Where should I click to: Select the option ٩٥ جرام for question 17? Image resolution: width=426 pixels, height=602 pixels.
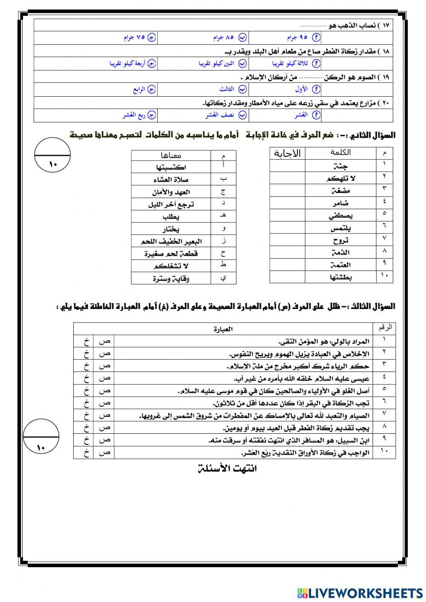[302, 38]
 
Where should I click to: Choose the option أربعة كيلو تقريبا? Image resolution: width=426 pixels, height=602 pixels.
[132, 64]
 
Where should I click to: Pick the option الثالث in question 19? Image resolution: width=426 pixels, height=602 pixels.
[233, 89]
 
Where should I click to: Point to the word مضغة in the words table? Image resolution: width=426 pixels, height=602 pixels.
[340, 191]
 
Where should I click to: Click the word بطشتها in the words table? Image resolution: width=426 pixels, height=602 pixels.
[340, 277]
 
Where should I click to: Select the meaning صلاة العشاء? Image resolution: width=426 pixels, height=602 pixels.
[171, 180]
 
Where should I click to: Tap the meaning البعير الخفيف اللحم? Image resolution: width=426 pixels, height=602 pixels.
[171, 242]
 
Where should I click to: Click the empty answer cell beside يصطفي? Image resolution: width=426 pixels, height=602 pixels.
[287, 216]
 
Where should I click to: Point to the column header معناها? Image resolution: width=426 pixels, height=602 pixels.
[171, 156]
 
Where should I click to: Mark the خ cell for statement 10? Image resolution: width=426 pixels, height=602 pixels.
[86, 452]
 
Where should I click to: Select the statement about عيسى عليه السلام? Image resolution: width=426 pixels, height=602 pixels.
[301, 378]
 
